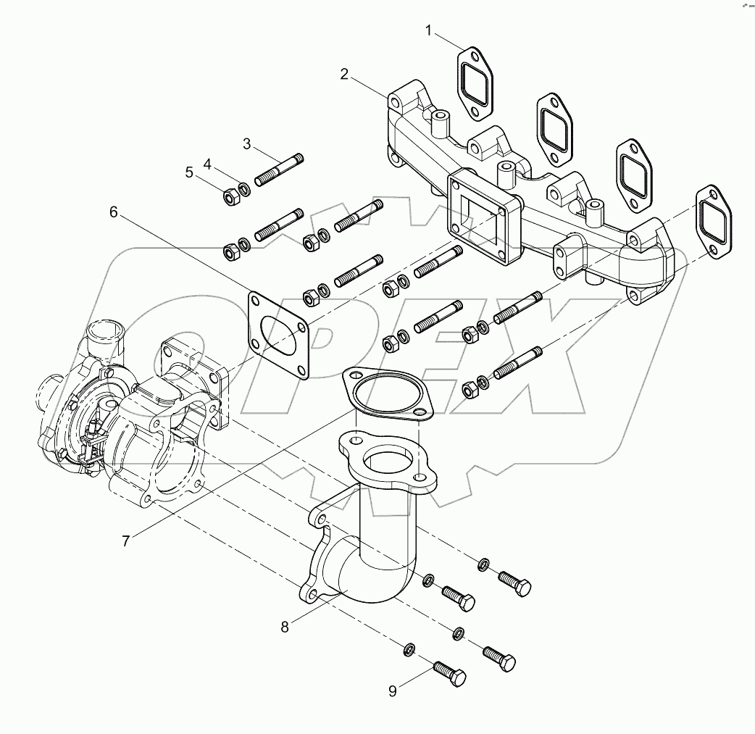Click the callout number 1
(x=429, y=30)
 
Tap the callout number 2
(x=345, y=74)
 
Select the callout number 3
(x=247, y=144)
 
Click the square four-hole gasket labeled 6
(x=279, y=334)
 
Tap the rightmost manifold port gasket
(x=713, y=221)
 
